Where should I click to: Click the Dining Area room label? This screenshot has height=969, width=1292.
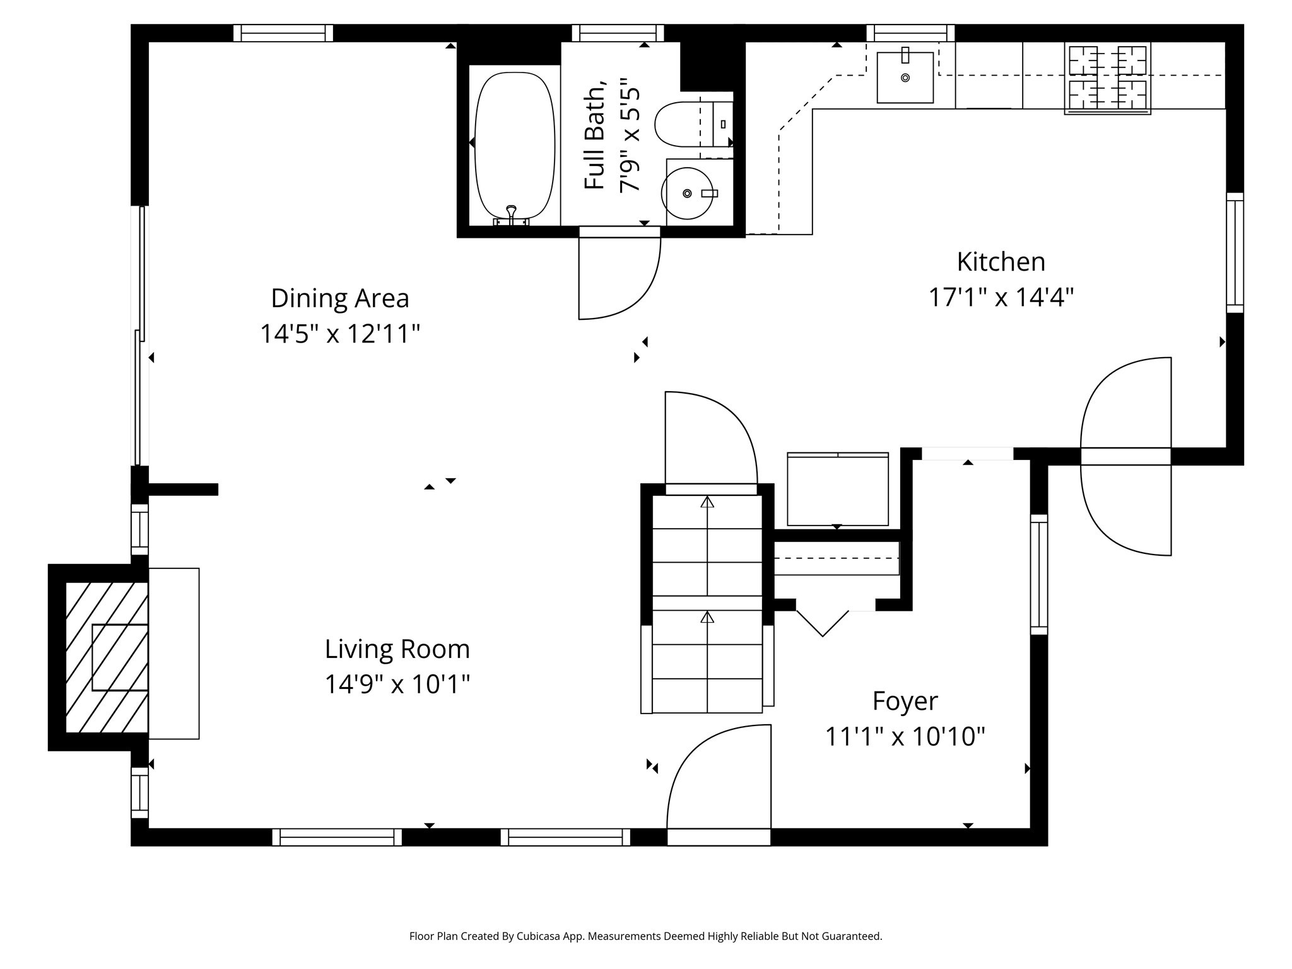340,298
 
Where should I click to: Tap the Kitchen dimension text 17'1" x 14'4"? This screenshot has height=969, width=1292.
1001,297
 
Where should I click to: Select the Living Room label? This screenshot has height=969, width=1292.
397,649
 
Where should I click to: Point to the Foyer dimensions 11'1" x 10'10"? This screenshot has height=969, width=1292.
905,736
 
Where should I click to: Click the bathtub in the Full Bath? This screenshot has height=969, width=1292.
514,145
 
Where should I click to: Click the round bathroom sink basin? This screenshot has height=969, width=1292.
687,193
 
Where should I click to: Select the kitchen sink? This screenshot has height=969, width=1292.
905,78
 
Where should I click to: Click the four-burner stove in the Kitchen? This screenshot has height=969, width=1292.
1107,78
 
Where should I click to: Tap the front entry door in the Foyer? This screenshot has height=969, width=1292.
719,782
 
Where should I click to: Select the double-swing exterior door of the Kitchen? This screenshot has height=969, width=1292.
1126,457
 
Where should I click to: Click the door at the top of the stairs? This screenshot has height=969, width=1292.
711,442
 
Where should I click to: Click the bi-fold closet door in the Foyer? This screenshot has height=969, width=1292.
823,622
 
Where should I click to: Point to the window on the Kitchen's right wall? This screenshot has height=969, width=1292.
1235,252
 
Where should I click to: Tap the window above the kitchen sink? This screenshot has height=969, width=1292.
910,33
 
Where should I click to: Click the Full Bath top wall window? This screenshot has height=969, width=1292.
618,33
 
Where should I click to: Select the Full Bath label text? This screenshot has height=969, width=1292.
595,135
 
